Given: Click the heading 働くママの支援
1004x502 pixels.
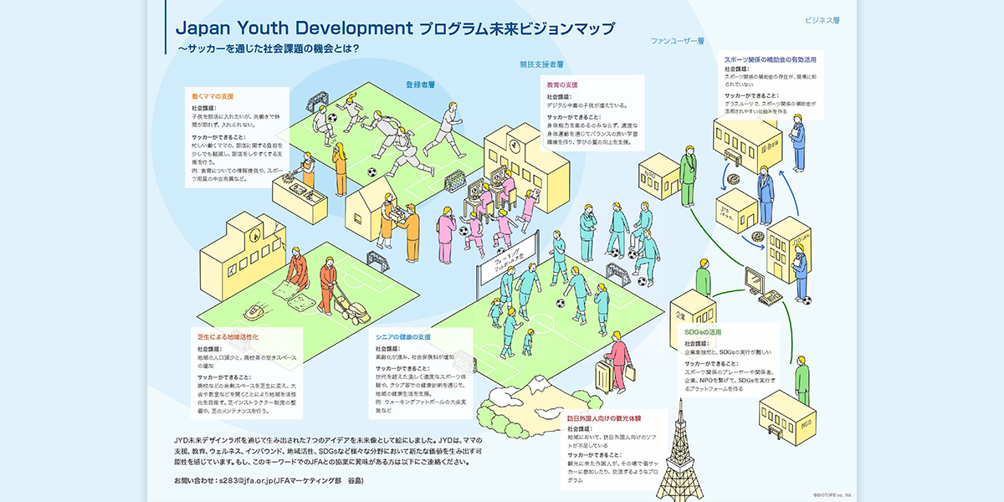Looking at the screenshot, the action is click(x=213, y=96).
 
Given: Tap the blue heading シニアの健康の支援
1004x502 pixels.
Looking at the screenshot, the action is click(x=402, y=336).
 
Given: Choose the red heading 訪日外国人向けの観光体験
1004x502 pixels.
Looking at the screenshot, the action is click(x=604, y=417).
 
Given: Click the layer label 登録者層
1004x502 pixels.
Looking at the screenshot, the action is click(x=420, y=85).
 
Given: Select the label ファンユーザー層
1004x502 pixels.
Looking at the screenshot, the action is click(x=678, y=40).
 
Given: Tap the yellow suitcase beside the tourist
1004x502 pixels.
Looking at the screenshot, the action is click(x=604, y=376).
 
